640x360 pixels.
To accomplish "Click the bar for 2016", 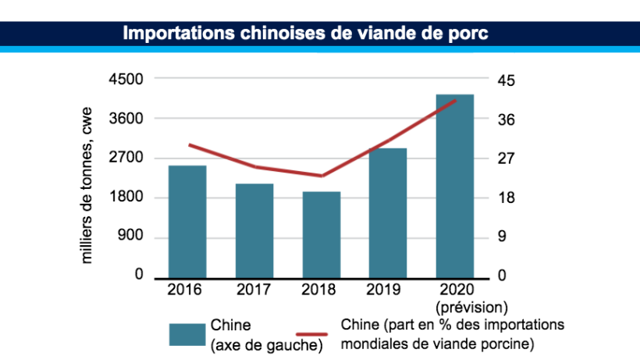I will [x=187, y=222].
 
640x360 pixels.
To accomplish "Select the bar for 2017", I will [x=254, y=231].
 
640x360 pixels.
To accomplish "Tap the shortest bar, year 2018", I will [x=322, y=235].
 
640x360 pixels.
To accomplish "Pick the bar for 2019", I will [x=388, y=213].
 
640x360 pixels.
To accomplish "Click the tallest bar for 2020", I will [x=455, y=186].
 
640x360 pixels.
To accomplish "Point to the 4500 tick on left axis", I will [x=126, y=80].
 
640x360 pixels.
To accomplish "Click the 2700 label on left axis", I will [x=126, y=158].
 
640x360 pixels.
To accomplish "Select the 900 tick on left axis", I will [x=131, y=237].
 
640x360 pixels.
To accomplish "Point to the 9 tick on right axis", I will [x=503, y=237].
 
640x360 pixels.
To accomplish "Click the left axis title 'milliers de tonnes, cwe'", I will [x=87, y=184].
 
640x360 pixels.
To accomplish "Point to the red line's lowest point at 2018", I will [x=322, y=176].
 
